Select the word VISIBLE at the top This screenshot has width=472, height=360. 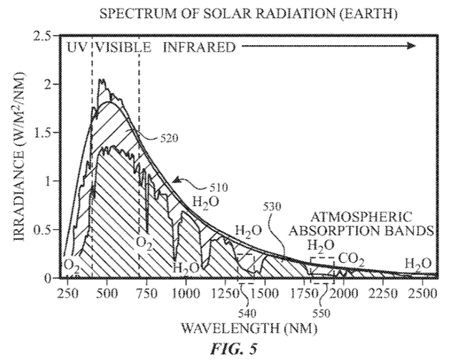[x=123, y=48]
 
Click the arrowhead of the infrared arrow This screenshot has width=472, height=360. [x=411, y=47]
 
